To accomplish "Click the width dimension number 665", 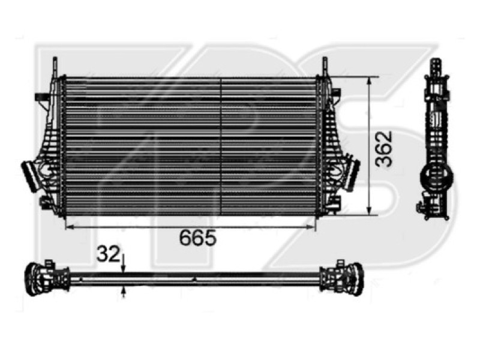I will point(197,238).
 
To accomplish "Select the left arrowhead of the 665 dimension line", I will point(68,227).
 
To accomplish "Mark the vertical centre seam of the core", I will point(223,147).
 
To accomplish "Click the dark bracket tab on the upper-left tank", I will point(42,97).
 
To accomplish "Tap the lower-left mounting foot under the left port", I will point(45,202).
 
